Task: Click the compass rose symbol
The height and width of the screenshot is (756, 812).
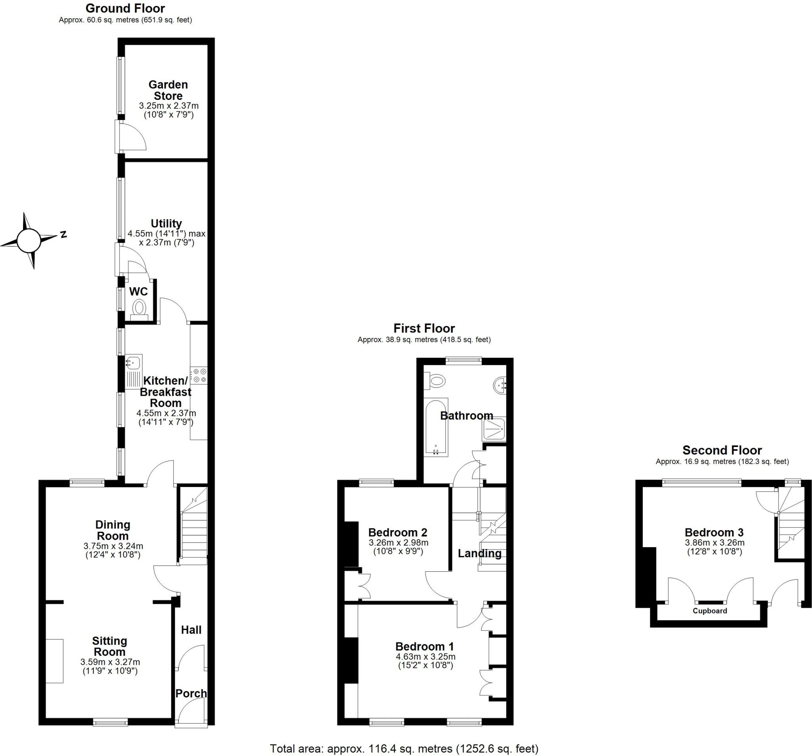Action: pyautogui.click(x=29, y=241)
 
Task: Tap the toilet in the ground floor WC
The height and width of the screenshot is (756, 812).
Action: pyautogui.click(x=139, y=308)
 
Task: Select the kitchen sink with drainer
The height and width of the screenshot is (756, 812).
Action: pyautogui.click(x=134, y=370)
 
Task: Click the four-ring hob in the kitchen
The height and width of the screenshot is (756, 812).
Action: pyautogui.click(x=200, y=376)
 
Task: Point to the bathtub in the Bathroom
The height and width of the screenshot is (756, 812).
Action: pyautogui.click(x=436, y=427)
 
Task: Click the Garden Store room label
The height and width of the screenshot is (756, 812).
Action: pyautogui.click(x=168, y=90)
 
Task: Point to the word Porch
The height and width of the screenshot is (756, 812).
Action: pyautogui.click(x=191, y=693)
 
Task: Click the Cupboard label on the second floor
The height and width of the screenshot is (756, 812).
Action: pyautogui.click(x=709, y=611)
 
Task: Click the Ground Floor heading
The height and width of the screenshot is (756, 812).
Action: pyautogui.click(x=125, y=8)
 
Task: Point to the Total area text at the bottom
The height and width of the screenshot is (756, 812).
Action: pyautogui.click(x=404, y=748)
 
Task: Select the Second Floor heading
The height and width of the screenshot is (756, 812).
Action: pyautogui.click(x=722, y=450)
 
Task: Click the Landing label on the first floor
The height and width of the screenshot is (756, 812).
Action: pyautogui.click(x=479, y=554)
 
